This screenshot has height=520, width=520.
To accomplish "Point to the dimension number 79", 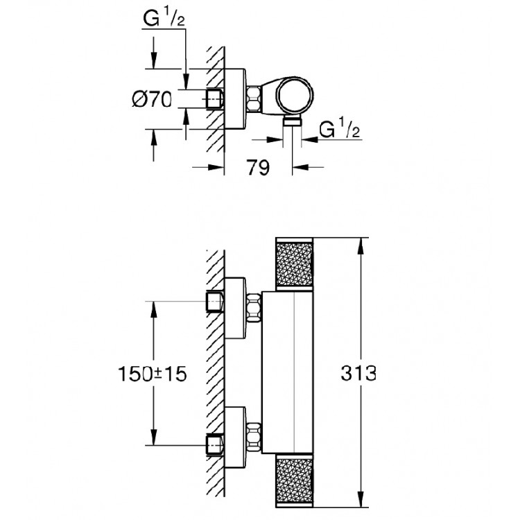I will pos(258,168).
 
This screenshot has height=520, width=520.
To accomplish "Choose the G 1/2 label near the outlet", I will pos(339,129).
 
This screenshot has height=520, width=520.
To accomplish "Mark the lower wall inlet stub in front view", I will pos(216,441).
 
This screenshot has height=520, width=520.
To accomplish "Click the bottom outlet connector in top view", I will pos(293,122).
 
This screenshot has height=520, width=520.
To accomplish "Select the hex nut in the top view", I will pos(254,98).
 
